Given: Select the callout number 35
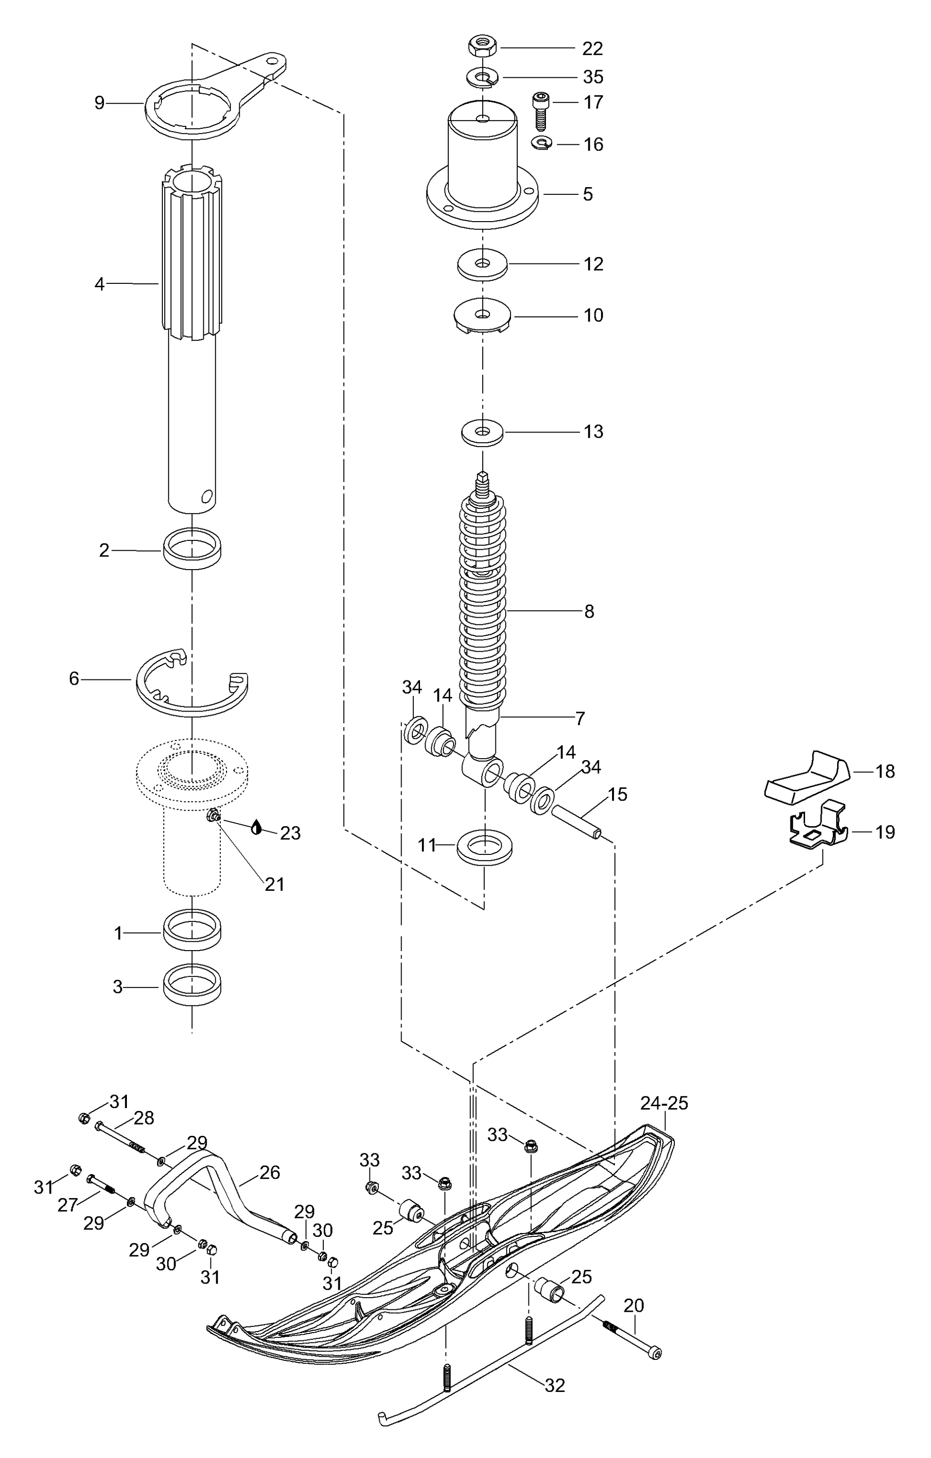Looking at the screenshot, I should pyautogui.click(x=593, y=77).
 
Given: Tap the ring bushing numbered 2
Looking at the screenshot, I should pyautogui.click(x=192, y=548).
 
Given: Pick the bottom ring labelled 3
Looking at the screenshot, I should pyautogui.click(x=192, y=986).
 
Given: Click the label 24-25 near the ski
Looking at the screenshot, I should pyautogui.click(x=664, y=1103).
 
